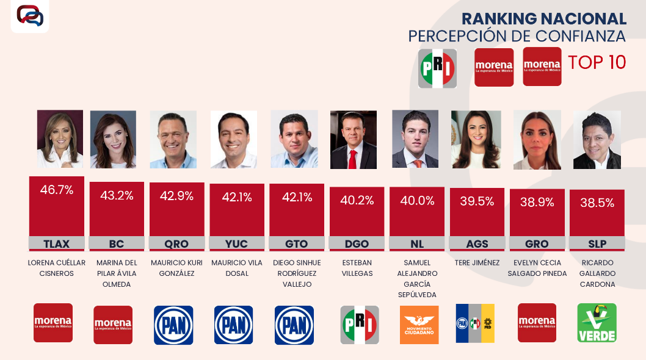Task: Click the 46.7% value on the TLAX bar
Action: click(x=57, y=190)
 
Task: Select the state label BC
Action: click(x=117, y=244)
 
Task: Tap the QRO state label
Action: click(x=176, y=244)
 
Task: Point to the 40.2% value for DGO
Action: click(x=357, y=200)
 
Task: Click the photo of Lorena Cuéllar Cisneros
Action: click(x=60, y=139)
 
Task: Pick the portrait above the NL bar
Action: click(x=415, y=139)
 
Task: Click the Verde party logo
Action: click(x=597, y=323)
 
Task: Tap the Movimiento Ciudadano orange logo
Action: click(x=419, y=325)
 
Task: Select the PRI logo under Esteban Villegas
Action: click(x=360, y=325)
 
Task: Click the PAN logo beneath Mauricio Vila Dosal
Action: click(x=233, y=325)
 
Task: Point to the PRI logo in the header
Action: click(x=437, y=68)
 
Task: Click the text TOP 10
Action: click(x=597, y=63)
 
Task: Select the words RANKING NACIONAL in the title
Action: click(x=543, y=19)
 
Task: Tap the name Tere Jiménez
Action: click(x=477, y=263)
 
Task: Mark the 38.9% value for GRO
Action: click(x=537, y=203)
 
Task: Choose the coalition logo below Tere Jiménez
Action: click(x=475, y=323)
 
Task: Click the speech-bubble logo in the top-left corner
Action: click(x=30, y=16)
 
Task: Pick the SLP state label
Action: click(x=597, y=244)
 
